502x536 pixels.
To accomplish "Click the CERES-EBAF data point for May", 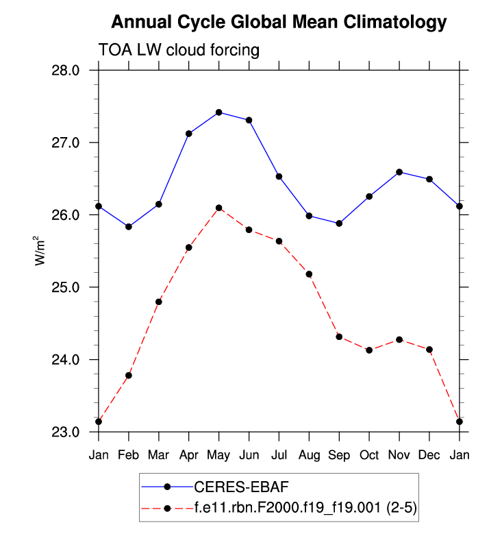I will click(219, 112).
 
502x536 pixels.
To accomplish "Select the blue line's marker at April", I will click(189, 134).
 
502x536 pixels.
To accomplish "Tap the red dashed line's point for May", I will click(219, 208).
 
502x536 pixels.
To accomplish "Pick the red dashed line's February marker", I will click(129, 375).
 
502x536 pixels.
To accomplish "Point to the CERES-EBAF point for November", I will click(399, 172).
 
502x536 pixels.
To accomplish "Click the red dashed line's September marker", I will click(339, 337).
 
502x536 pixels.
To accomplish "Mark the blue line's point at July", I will click(279, 176).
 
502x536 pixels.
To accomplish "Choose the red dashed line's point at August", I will click(309, 274).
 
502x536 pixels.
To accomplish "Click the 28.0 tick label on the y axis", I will click(67, 71).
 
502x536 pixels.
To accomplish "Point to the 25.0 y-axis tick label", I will click(67, 287).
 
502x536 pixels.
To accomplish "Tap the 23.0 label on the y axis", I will click(67, 432).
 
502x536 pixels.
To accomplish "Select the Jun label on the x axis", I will click(249, 456).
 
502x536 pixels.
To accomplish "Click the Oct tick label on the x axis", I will click(369, 456).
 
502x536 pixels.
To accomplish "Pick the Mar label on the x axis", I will click(159, 456).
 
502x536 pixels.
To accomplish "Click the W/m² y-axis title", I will click(41, 251).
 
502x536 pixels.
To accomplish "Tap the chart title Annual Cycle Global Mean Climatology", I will click(279, 22).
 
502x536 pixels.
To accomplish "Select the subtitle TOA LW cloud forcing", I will click(179, 50).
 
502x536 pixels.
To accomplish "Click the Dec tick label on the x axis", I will click(429, 456).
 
